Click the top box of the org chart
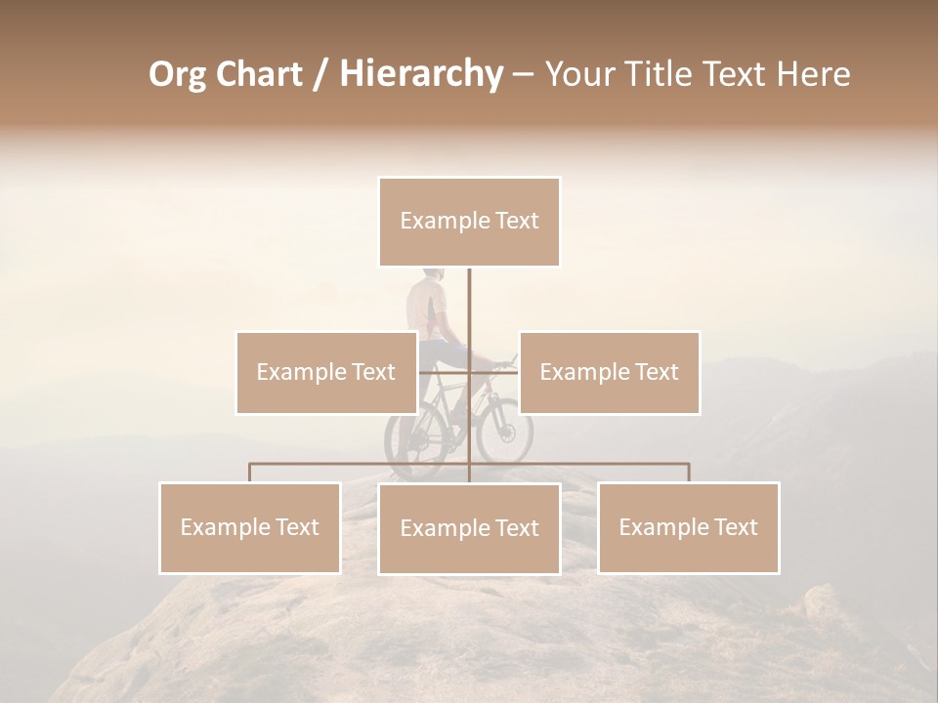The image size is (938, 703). [469, 222]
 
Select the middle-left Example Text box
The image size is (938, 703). [325, 372]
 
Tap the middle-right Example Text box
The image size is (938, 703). [609, 372]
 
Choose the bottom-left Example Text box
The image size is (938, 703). [250, 527]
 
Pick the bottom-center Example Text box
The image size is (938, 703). [469, 528]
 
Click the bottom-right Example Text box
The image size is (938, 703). [688, 527]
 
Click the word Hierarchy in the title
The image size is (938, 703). [420, 74]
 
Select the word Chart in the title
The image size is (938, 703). [256, 74]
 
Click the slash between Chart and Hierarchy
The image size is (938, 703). [320, 74]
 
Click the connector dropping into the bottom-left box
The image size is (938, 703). [250, 473]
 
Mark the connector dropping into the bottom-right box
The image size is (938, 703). [688, 473]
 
